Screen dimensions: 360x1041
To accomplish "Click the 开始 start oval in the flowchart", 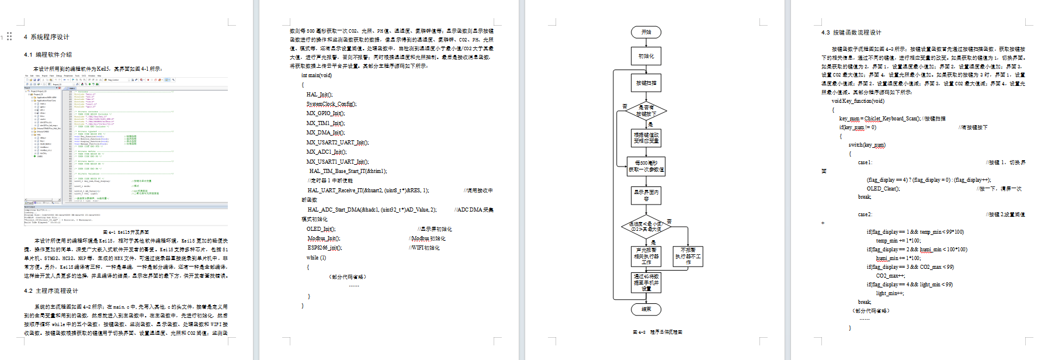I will point(646,32).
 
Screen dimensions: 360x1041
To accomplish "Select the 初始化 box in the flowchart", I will point(646,56).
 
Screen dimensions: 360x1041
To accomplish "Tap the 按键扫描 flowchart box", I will point(646,83).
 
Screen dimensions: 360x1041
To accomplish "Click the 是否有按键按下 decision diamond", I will point(646,110).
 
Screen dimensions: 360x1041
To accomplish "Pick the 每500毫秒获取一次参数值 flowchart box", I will point(646,167).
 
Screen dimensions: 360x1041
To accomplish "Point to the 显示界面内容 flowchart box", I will point(646,195).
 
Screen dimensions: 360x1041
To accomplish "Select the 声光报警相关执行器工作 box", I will point(646,256).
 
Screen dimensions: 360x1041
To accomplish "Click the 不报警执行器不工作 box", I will point(688,256).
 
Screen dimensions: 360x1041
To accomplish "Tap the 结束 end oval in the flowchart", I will point(646,309).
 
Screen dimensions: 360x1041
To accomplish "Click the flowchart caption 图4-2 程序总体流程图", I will point(657,332).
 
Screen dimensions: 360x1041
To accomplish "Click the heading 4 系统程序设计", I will point(46,37).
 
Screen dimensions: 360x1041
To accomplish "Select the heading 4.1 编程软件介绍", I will point(48,54).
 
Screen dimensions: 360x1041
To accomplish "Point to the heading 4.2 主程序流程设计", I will point(51,290).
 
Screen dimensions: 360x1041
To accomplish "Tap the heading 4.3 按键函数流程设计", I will point(851,33).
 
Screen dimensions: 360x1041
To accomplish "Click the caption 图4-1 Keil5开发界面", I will point(126,232).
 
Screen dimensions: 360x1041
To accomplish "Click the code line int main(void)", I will point(316,75).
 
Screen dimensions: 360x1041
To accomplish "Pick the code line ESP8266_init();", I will point(325,248).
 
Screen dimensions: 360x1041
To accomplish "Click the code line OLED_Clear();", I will point(883,189).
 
